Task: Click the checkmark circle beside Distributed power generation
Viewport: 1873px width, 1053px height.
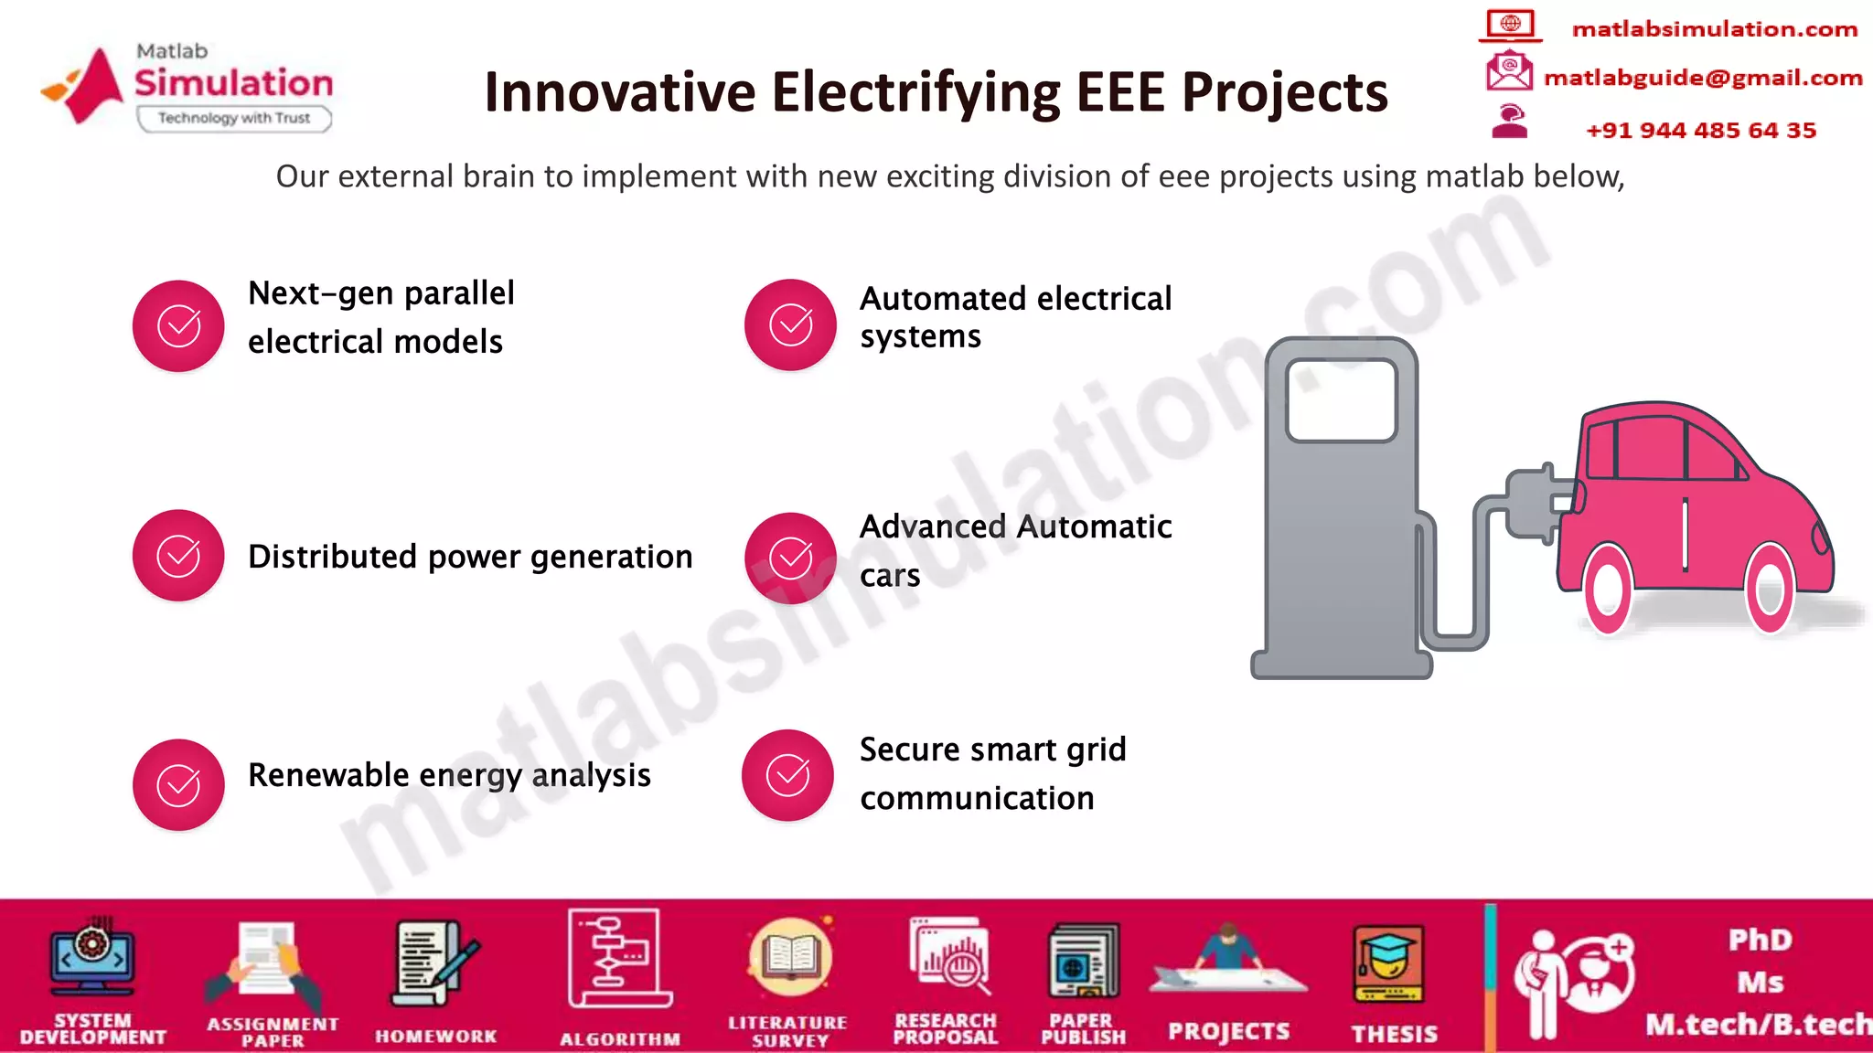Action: click(x=178, y=556)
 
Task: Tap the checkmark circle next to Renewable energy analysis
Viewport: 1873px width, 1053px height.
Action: click(x=178, y=784)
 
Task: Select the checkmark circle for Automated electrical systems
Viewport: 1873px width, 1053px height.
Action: click(x=790, y=324)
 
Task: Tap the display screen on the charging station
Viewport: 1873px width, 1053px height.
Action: click(x=1341, y=400)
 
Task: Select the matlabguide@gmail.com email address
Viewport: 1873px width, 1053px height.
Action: click(x=1703, y=78)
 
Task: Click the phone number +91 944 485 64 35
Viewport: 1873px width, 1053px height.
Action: click(x=1701, y=130)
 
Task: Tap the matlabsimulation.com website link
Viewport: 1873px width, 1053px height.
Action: click(x=1714, y=29)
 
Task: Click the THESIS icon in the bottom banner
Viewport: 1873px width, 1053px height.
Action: click(x=1388, y=965)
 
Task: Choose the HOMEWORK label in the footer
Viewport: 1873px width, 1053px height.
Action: click(x=435, y=1036)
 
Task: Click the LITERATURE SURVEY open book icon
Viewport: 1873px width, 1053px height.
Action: click(x=790, y=959)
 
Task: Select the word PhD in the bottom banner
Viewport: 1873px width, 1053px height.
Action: click(x=1760, y=940)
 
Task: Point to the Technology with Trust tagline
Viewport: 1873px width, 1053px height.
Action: click(x=234, y=118)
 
